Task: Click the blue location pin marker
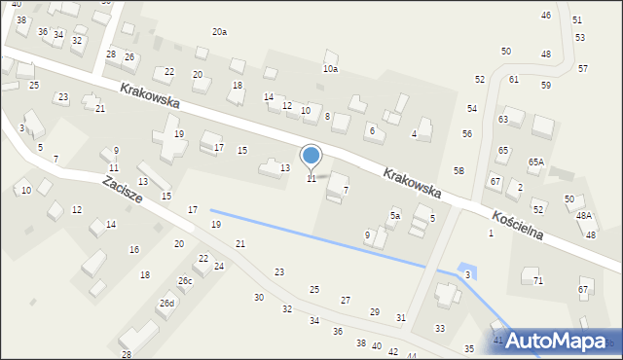click(311, 158)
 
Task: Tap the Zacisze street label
click(123, 189)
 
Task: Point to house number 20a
click(220, 32)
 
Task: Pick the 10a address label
click(331, 69)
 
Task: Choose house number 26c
click(185, 281)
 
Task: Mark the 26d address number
click(167, 304)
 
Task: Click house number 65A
click(536, 162)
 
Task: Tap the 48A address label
click(583, 216)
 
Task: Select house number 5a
click(395, 215)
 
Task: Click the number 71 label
click(538, 280)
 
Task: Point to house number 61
click(513, 79)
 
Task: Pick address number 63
click(503, 119)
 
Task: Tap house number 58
click(458, 170)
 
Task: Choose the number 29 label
click(375, 311)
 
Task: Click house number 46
click(545, 16)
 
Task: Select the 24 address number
click(219, 267)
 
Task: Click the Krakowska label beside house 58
click(412, 184)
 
